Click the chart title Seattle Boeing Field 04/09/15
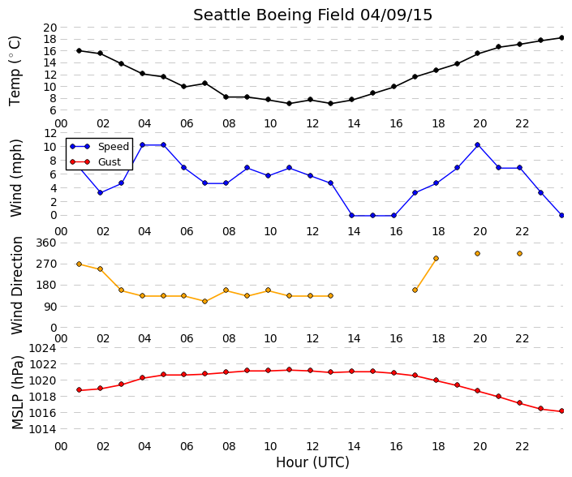(312, 15)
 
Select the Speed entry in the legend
(114, 147)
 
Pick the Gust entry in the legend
(110, 162)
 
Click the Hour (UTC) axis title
(312, 462)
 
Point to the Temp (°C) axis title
(15, 71)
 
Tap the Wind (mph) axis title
(16, 178)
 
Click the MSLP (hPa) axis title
(17, 393)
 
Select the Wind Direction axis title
(17, 286)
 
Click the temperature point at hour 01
(80, 50)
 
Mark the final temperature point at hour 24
(561, 37)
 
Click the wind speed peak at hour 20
(477, 144)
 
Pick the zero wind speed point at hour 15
(373, 216)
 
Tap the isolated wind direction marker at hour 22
(519, 253)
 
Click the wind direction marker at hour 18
(436, 259)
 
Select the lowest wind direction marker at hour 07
(204, 302)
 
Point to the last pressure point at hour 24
(561, 411)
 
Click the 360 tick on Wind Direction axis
(47, 243)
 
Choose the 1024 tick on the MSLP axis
(43, 348)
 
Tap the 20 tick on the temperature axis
(50, 28)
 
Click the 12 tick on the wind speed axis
(50, 133)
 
